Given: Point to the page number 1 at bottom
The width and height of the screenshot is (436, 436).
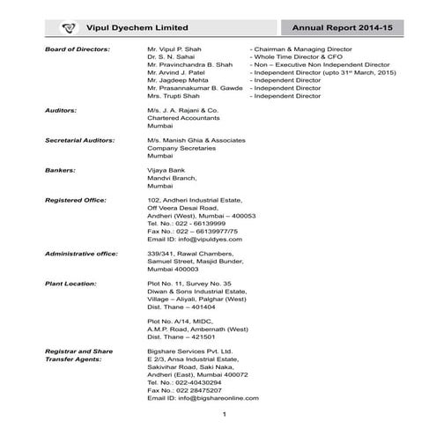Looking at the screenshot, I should (x=225, y=415).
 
